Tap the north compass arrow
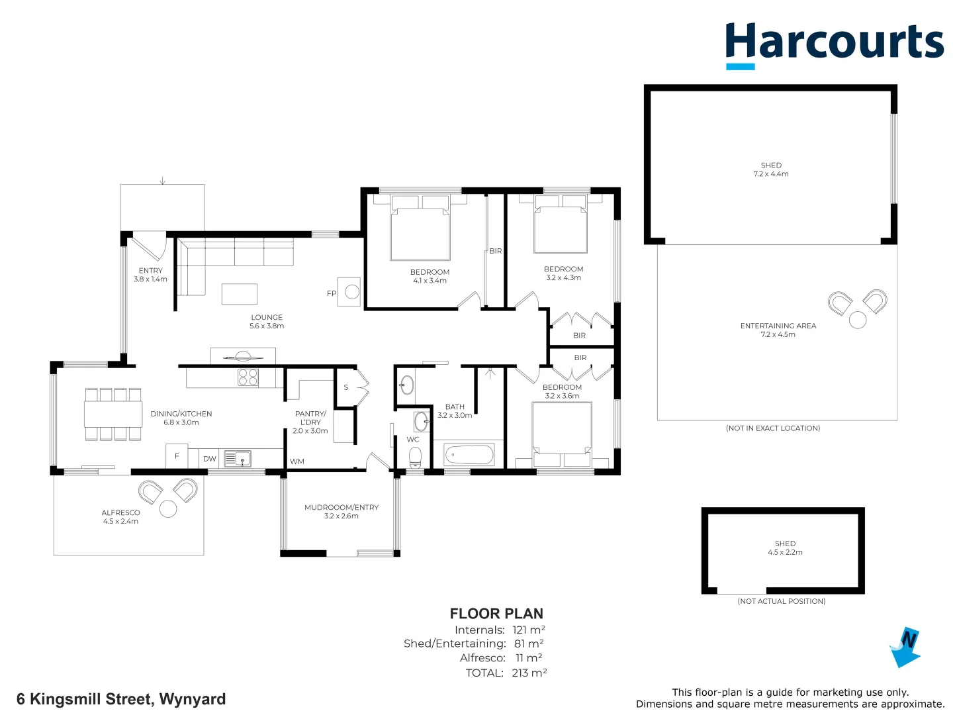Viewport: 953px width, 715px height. point(905,647)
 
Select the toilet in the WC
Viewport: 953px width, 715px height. point(415,457)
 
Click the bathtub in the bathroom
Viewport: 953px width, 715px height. point(469,455)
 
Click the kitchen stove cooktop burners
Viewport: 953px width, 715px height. point(248,377)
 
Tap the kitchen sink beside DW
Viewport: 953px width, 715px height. point(238,458)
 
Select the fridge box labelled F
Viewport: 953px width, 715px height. point(177,455)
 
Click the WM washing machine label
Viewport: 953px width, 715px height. point(297,461)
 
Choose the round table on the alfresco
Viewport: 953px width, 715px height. point(168,509)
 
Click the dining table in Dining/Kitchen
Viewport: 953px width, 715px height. point(113,414)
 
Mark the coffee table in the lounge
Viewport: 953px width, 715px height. point(239,293)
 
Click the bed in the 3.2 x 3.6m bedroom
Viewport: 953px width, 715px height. point(562,432)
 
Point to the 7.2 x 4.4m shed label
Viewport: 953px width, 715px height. point(771,169)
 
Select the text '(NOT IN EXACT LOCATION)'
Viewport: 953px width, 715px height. point(772,428)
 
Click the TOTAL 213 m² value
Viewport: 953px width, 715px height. point(529,673)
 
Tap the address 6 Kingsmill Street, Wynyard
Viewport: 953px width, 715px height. point(121,699)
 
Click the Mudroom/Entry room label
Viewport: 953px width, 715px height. point(341,511)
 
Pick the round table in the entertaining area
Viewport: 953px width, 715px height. point(858,320)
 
